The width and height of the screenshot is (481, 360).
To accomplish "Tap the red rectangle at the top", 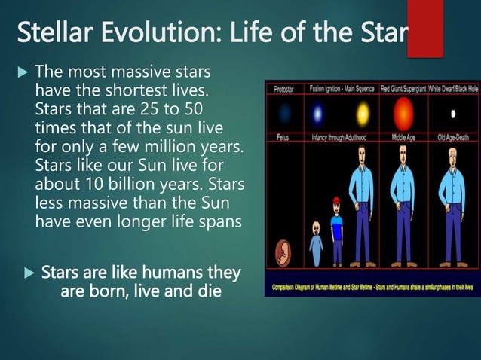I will [424, 28].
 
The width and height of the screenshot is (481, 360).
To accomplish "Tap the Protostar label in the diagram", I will [283, 89].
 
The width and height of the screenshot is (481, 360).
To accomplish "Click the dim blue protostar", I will [284, 114].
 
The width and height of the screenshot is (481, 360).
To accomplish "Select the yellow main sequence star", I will [363, 114].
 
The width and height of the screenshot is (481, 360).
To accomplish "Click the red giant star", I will [403, 114].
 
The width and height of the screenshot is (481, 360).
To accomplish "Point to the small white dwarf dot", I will [453, 114].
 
